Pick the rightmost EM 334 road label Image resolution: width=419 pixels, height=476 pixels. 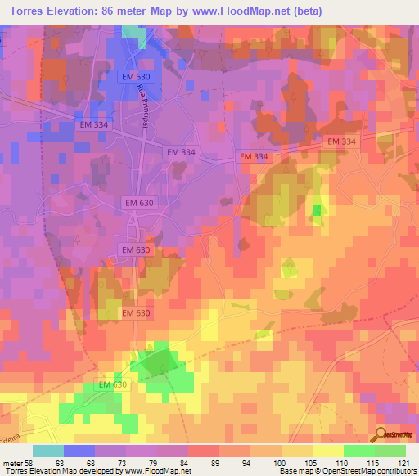click(x=342, y=141)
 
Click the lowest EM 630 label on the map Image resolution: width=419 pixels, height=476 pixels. click(x=113, y=384)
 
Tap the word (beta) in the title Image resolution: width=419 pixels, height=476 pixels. click(x=304, y=11)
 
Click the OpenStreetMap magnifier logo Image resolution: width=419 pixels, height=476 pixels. click(x=381, y=435)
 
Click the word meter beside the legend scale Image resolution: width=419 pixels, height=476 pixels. click(x=11, y=462)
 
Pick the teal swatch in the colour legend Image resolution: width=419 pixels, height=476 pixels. click(x=47, y=451)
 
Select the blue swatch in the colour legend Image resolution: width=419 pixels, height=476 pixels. click(x=79, y=451)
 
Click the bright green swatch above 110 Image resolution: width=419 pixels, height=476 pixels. click(x=358, y=451)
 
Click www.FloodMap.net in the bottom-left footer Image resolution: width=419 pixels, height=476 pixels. click(x=152, y=471)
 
